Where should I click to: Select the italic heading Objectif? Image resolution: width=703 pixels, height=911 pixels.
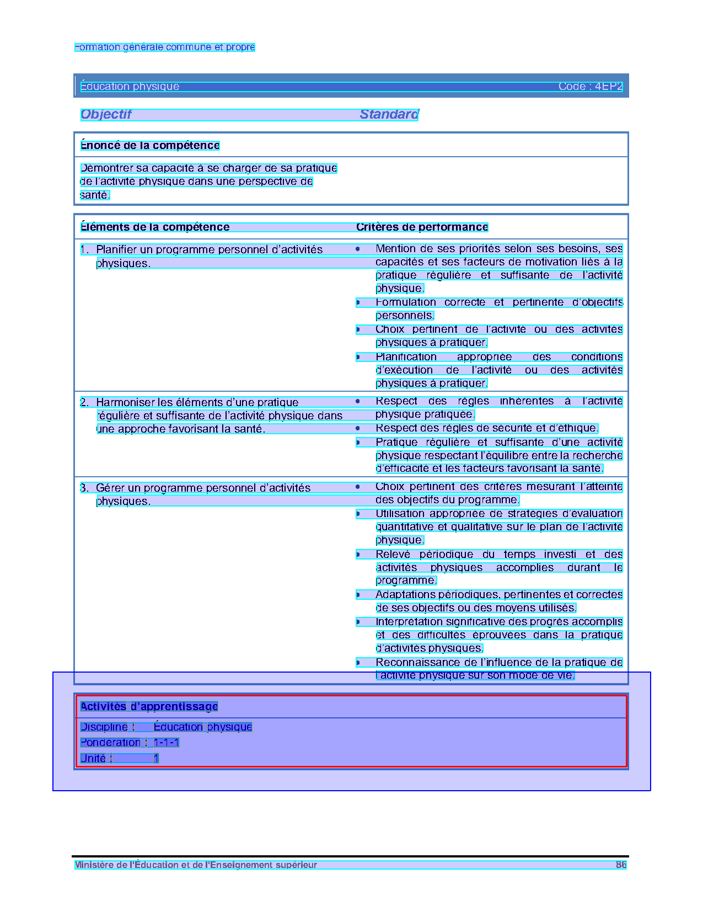coord(106,114)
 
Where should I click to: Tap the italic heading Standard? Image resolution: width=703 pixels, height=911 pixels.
coord(389,114)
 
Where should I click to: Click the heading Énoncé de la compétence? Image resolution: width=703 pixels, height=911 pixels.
coord(150,145)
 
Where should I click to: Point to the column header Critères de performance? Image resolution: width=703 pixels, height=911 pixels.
coord(422,227)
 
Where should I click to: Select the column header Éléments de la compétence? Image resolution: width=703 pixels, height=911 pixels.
coord(154,227)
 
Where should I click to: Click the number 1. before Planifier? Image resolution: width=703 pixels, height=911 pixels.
coord(84,249)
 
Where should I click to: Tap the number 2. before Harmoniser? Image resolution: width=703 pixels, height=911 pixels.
coord(84,402)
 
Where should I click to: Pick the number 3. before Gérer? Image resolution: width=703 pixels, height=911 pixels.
coord(84,488)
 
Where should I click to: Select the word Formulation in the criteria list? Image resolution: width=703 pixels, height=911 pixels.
coord(406,302)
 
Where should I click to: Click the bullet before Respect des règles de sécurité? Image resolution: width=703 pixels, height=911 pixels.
coord(358,428)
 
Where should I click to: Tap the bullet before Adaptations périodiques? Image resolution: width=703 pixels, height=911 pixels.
coord(358,595)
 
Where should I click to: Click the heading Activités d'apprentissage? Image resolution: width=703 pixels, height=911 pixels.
coord(149,706)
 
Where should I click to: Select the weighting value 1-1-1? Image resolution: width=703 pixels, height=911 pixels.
coord(166,742)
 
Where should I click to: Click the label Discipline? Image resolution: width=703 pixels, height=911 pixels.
coord(104,727)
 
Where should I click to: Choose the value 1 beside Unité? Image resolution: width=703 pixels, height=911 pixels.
coord(156,758)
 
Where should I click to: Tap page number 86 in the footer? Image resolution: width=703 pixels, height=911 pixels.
coord(621,865)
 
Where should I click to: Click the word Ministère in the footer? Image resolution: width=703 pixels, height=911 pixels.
coord(93,865)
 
